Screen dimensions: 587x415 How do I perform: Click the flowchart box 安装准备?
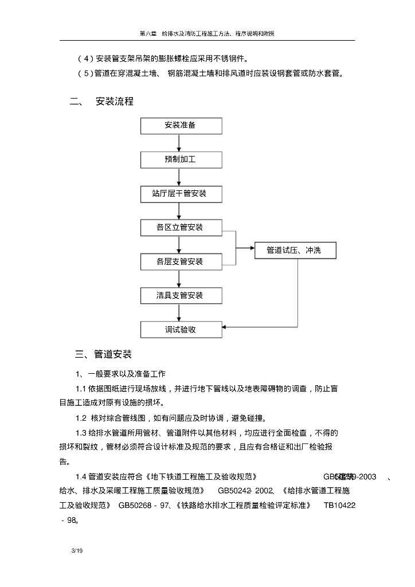180,125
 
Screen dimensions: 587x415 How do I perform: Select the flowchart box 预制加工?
180,159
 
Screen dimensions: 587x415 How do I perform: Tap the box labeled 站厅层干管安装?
180,194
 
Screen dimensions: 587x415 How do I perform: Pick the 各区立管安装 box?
180,228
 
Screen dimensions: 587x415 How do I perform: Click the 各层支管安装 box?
180,262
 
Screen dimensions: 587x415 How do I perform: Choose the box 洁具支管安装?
180,296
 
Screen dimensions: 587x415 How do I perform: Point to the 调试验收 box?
180,330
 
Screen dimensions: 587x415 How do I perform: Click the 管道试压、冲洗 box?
296,251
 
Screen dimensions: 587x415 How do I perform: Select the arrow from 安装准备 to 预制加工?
180,142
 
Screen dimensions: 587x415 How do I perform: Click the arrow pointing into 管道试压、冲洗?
246,248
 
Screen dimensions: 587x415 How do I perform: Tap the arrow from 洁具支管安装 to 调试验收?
180,313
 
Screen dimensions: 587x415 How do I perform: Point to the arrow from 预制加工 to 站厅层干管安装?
180,177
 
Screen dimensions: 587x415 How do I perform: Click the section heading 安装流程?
115,101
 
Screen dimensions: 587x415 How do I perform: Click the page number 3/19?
77,551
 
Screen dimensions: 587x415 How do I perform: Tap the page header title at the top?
207,34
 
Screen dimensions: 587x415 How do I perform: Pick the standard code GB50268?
135,505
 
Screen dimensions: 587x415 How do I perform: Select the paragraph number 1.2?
81,418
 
